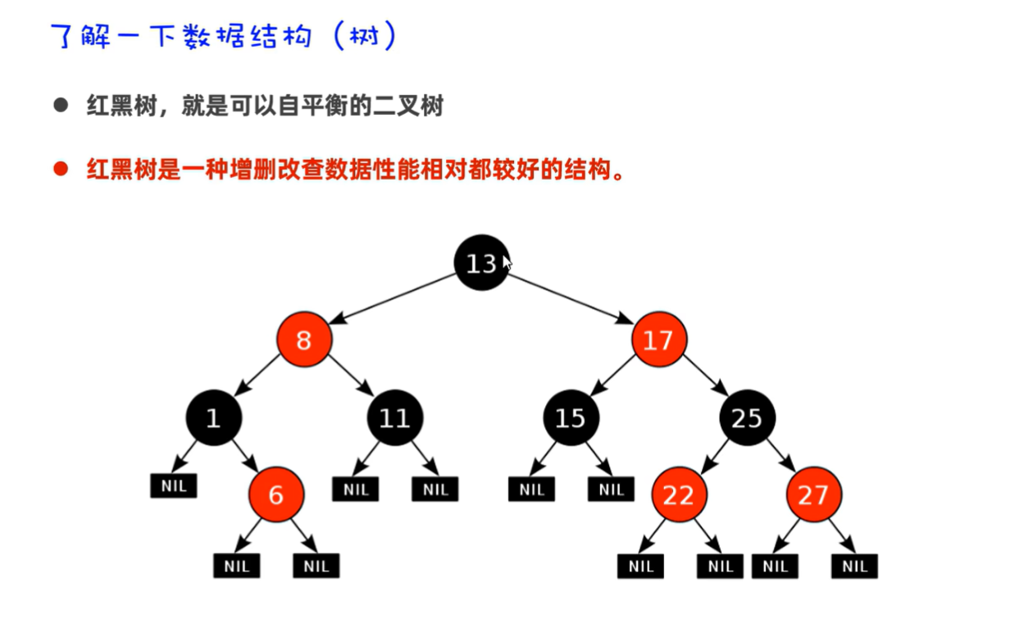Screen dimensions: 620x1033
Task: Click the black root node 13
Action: tap(481, 262)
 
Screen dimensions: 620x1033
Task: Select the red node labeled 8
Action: tap(304, 340)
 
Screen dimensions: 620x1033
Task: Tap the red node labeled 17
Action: tap(659, 340)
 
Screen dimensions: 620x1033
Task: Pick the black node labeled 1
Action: tap(213, 418)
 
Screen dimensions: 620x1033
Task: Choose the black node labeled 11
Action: tap(394, 418)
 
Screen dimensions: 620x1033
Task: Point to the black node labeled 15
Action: tap(571, 418)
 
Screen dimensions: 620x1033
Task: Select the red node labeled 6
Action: tap(276, 495)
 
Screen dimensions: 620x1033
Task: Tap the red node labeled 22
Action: tap(679, 495)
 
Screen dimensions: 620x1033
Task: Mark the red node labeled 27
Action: tap(813, 495)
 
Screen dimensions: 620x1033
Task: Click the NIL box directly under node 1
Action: tap(174, 486)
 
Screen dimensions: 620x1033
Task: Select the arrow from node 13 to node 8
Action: tap(394, 299)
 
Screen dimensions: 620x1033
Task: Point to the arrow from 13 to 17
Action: tap(570, 299)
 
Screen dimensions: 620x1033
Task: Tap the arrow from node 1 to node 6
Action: tap(244, 457)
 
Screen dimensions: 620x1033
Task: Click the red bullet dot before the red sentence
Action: tap(60, 170)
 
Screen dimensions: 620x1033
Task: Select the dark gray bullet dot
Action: tap(60, 106)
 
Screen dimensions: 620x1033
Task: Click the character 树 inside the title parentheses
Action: tap(362, 36)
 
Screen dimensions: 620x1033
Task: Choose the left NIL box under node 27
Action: tap(775, 566)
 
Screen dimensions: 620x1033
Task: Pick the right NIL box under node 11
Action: tap(435, 490)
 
